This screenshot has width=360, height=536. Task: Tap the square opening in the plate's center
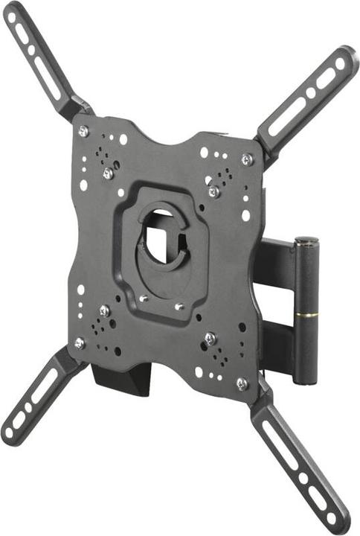pyautogui.click(x=161, y=239)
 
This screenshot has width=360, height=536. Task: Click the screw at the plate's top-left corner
pyautogui.click(x=83, y=131)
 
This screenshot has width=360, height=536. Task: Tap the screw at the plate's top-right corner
pyautogui.click(x=246, y=159)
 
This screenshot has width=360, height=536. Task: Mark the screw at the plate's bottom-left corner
pyautogui.click(x=80, y=342)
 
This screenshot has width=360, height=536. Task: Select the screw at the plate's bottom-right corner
pyautogui.click(x=241, y=383)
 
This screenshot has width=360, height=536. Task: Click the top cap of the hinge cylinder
pyautogui.click(x=306, y=242)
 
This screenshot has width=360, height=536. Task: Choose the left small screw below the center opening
pyautogui.click(x=144, y=298)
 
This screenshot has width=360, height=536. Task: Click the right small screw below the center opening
pyautogui.click(x=179, y=305)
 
